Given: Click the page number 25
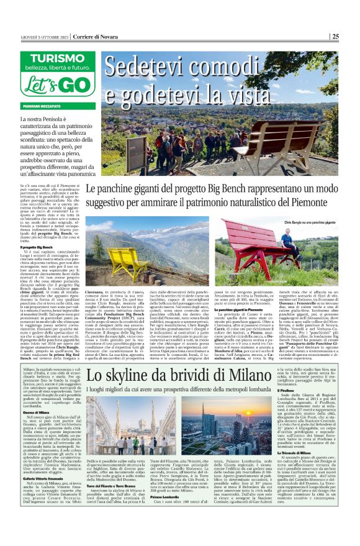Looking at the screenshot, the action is pos(352,35).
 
